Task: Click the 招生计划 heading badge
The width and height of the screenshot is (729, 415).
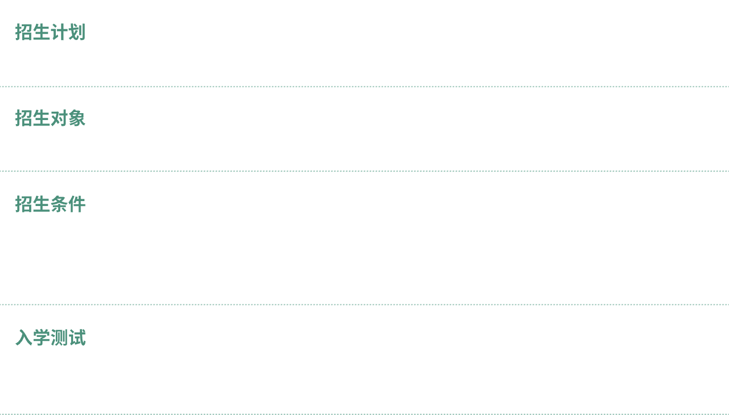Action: coord(50,32)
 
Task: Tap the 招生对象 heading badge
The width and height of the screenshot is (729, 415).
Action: coord(50,118)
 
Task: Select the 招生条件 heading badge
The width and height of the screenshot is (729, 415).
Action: coord(50,204)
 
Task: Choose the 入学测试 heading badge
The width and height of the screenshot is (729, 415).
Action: coord(50,337)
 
